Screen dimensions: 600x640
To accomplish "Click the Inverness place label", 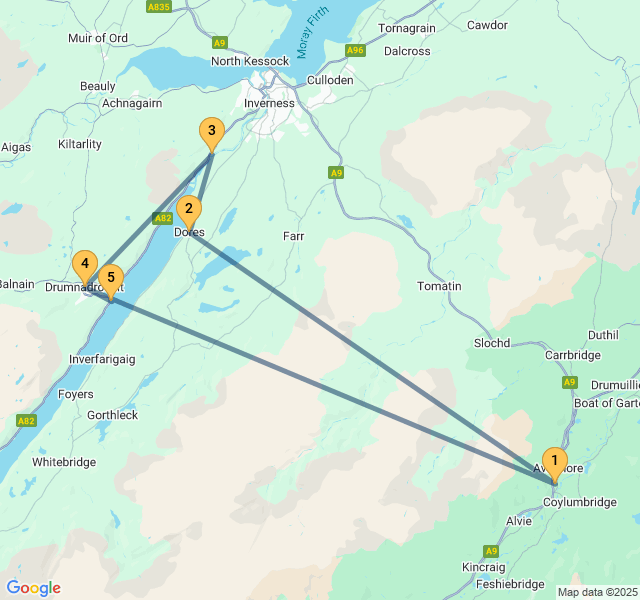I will pos(269,103).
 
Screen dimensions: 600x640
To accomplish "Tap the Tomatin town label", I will pos(439,286).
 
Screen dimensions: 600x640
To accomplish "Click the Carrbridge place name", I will pos(572,355).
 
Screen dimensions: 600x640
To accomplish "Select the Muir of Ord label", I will pos(97,38).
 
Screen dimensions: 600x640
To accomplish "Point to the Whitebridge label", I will pos(64,462).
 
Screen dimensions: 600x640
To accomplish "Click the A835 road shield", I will pos(158,7).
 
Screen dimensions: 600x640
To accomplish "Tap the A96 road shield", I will pos(355,49).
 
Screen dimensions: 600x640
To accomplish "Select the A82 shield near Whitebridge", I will pos(26,421).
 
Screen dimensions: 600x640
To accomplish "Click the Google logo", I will pos(33,588).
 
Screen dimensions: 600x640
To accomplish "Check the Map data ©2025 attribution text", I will pos(597,592).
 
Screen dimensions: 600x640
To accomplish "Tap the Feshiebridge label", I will pos(510,584).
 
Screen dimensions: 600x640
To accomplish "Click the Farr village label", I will pos(293,236).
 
